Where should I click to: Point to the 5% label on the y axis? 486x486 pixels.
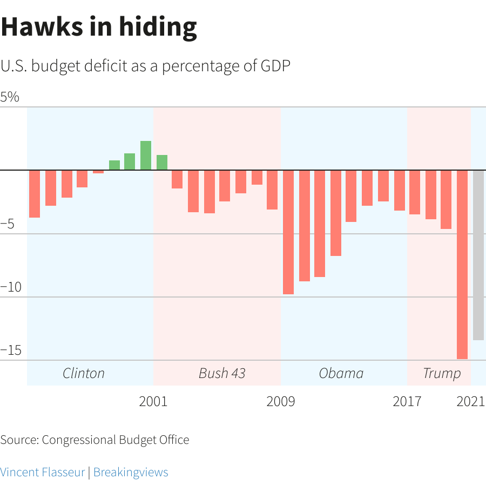10,97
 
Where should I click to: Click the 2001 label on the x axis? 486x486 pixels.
153,402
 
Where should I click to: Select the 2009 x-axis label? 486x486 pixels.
280,402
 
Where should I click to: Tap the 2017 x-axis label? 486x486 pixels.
407,402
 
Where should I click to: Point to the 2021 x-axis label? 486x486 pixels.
470,402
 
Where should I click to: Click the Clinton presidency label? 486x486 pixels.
84,373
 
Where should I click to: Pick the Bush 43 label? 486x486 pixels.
222,373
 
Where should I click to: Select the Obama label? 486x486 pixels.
341,373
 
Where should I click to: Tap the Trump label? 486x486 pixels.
442,373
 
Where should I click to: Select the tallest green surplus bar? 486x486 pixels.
146,156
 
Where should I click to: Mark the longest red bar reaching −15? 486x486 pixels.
462,265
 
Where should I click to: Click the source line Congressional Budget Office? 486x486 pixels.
94,440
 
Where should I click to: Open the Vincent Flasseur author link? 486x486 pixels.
43,472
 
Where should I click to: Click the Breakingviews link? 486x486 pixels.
131,472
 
